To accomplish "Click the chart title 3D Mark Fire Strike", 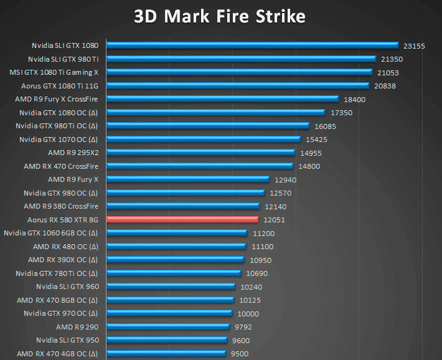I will tap(220, 16).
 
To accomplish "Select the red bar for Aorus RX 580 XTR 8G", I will tap(182, 219).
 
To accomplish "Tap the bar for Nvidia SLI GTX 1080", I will tap(252, 45).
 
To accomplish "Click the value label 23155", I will tap(414, 45).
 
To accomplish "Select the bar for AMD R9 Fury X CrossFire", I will tap(222, 98).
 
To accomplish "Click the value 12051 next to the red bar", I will tap(274, 220).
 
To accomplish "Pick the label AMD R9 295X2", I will tap(73, 153).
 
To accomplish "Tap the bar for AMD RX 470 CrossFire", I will tap(199, 166).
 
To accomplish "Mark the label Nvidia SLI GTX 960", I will tap(67, 287).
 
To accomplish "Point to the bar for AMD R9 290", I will tap(168, 326).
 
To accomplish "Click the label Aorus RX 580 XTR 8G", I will tap(63, 219).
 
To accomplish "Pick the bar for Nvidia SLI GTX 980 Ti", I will tap(242, 59).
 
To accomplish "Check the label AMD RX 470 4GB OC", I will tap(58, 354).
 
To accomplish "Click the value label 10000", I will tap(248, 313).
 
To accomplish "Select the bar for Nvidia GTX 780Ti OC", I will tap(174, 273).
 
